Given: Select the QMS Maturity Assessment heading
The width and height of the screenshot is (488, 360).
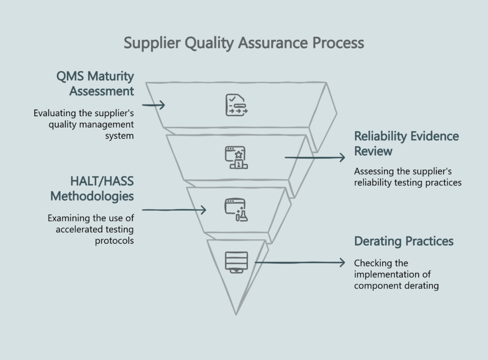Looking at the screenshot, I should pyautogui.click(x=95, y=83).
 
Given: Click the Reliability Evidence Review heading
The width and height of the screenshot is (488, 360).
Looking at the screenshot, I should pyautogui.click(x=406, y=143).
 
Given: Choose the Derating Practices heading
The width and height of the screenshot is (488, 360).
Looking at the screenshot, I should pyautogui.click(x=404, y=241).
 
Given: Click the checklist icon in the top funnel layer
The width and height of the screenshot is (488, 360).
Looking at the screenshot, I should pyautogui.click(x=236, y=105).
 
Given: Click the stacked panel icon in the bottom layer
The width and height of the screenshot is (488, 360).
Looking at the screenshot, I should pyautogui.click(x=236, y=261).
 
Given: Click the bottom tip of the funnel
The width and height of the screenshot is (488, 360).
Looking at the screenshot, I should pyautogui.click(x=236, y=313).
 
